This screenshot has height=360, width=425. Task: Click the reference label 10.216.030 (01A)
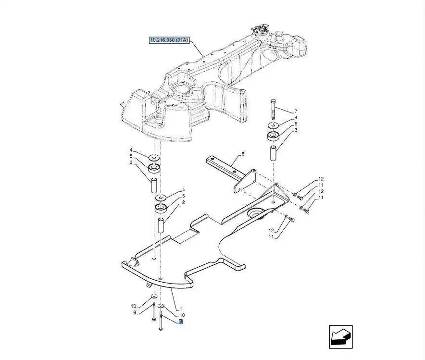[169, 40]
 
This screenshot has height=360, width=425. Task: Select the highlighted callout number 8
[180, 322]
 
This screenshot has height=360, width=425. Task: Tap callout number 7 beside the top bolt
[296, 111]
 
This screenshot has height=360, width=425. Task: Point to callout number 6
[243, 154]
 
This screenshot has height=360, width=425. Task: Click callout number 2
[184, 202]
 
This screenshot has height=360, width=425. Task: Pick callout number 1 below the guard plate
[181, 309]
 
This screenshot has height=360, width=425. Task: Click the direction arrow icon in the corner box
[341, 337]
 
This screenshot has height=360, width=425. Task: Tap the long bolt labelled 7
[273, 109]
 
